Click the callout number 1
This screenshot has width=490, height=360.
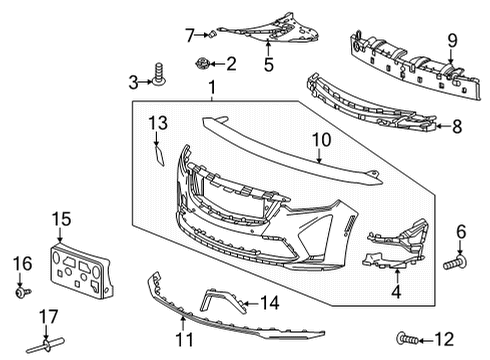[x=211, y=91]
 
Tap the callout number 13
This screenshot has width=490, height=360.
[x=157, y=123]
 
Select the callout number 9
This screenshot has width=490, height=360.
[x=451, y=40]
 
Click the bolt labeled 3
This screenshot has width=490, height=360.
[x=158, y=73]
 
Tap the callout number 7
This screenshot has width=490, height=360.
[x=188, y=35]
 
